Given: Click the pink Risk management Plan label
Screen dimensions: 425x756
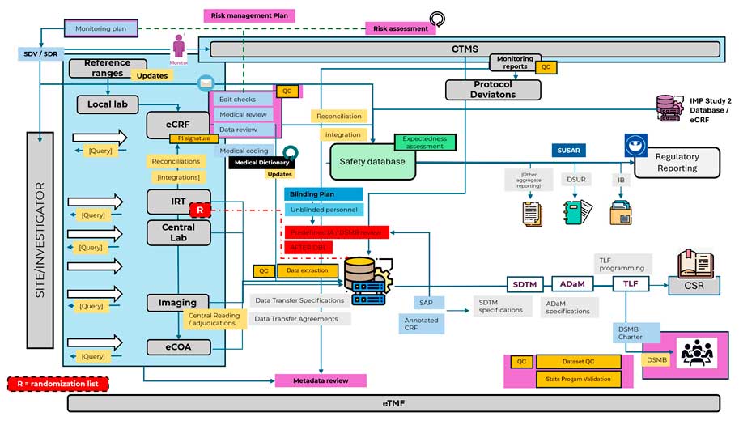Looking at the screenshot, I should coord(248,15).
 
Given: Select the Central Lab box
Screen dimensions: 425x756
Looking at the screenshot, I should coord(177,232).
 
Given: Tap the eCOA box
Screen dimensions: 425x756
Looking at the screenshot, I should coord(177,347).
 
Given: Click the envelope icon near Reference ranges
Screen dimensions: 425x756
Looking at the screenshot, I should coord(206,83).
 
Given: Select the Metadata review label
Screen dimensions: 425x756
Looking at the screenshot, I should coord(321,380).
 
